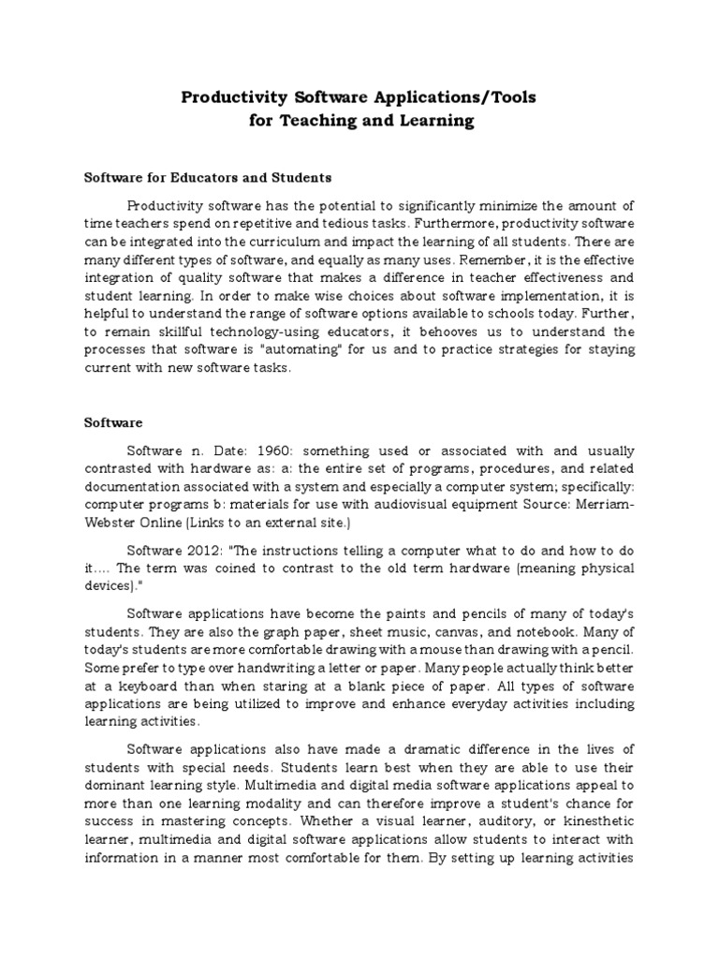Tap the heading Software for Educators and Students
(x=208, y=177)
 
